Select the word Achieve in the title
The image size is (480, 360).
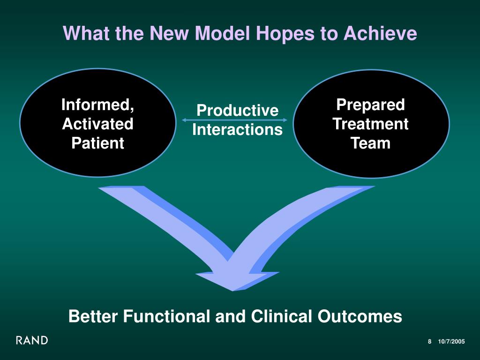coord(380,33)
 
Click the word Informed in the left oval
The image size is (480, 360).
coord(98,105)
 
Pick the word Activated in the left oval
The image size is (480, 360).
coord(98,124)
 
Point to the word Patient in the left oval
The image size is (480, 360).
coord(98,143)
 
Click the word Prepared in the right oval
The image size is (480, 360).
coord(371,105)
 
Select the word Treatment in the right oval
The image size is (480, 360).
coord(371,124)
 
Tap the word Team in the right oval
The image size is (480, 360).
coord(371,143)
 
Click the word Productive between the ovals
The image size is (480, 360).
coord(238,111)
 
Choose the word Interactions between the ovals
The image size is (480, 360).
coord(238,130)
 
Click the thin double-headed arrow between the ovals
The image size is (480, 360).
coord(234,120)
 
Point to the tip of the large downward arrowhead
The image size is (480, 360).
coord(232,290)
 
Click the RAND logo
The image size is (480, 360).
coord(32,340)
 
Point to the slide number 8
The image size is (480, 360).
coord(429,342)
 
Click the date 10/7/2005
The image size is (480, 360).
coord(451,342)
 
